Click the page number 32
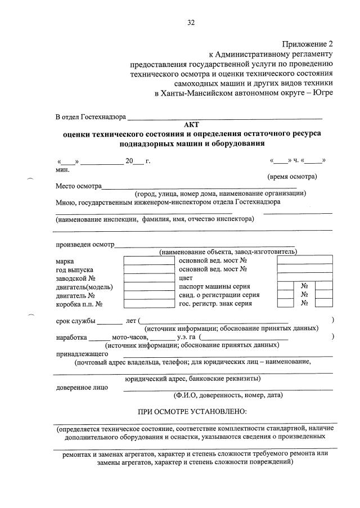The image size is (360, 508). (x=191, y=23)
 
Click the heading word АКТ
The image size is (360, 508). (x=192, y=125)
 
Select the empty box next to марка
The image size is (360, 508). (x=144, y=260)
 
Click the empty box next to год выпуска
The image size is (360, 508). (x=144, y=269)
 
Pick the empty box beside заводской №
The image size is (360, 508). (x=144, y=277)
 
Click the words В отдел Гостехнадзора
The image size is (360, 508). (x=90, y=117)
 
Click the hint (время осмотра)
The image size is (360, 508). (x=292, y=177)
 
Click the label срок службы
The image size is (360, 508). (x=75, y=321)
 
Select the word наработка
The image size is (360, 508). (x=71, y=337)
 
